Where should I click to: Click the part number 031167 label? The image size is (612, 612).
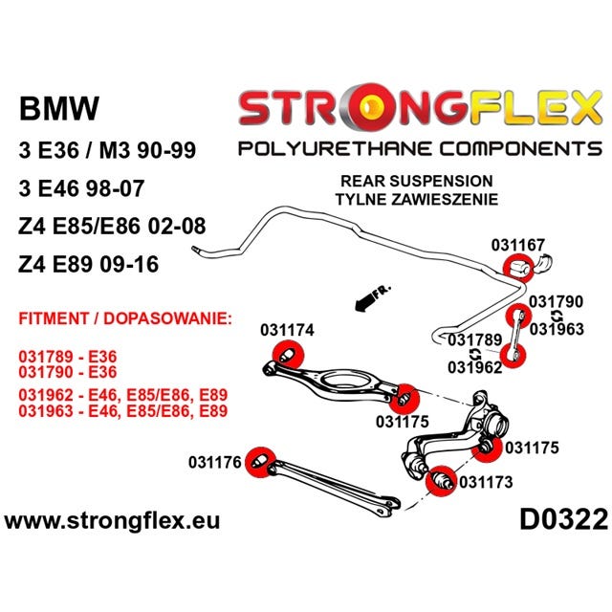tap(517, 245)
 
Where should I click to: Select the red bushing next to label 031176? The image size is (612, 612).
tap(261, 462)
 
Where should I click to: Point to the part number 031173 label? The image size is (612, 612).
tap(486, 482)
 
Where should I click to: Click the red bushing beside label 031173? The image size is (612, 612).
tap(441, 481)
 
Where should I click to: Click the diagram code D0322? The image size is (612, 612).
tap(563, 520)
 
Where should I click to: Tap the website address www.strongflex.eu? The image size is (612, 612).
tap(113, 521)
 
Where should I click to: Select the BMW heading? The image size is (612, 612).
tap(59, 108)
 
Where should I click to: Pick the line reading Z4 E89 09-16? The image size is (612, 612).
tap(88, 264)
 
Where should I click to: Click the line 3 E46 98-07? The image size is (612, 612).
tap(81, 188)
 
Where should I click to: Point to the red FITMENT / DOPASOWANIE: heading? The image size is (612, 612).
tap(125, 318)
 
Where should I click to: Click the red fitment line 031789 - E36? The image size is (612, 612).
tap(68, 357)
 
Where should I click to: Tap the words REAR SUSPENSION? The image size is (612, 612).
tap(417, 181)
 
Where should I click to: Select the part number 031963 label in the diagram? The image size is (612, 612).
tap(557, 329)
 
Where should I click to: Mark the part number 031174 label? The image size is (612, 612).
tap(287, 330)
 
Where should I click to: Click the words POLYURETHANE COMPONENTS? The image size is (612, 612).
tap(420, 149)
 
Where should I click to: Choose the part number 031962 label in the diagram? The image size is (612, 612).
tap(474, 367)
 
